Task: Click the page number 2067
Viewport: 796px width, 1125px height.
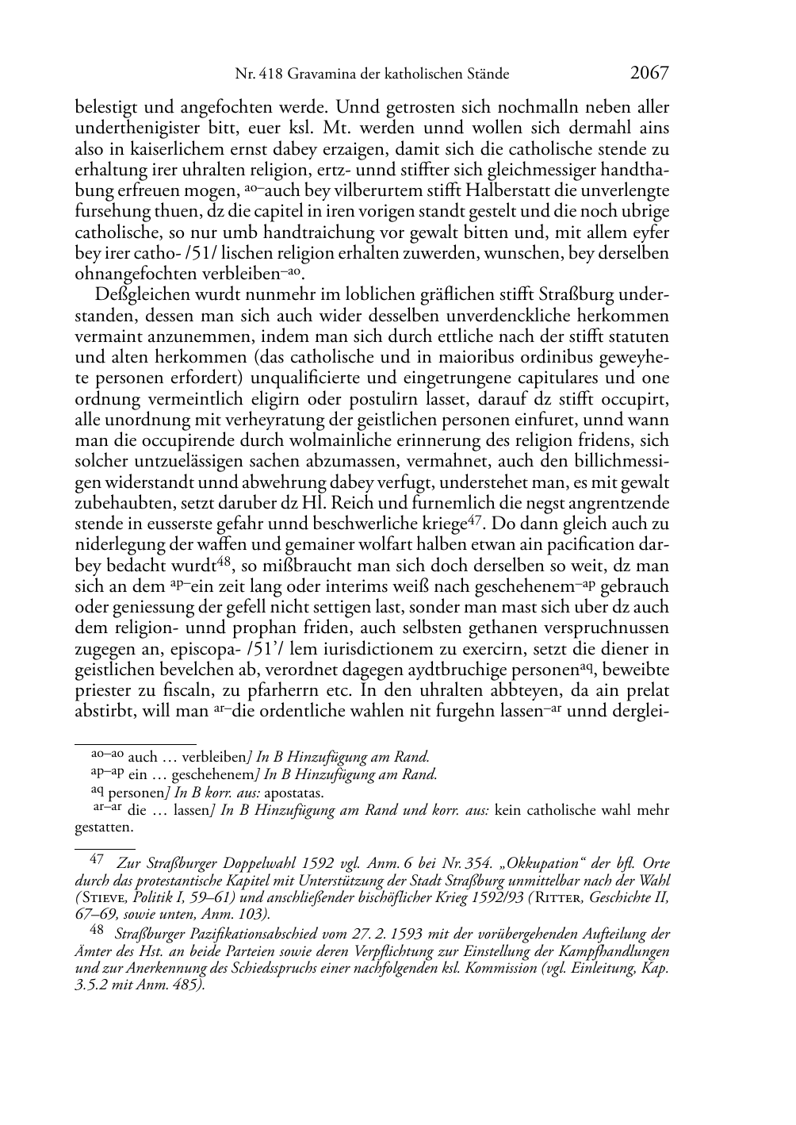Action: [x=649, y=73]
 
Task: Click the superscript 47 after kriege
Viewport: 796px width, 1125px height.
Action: [x=474, y=520]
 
